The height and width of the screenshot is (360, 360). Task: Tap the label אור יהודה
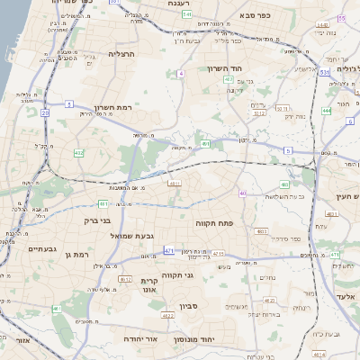164,339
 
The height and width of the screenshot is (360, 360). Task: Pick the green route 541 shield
187,15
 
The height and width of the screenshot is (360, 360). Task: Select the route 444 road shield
326,112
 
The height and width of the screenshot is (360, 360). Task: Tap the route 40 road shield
243,193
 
